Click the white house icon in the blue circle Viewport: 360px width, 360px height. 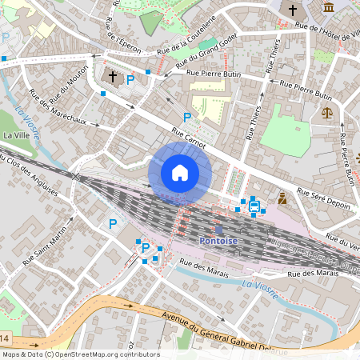[x=180, y=173]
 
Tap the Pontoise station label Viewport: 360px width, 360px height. [x=218, y=241]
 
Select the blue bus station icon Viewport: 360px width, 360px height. [x=254, y=206]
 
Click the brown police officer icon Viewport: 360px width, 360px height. [x=282, y=196]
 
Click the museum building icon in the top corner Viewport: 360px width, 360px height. [x=329, y=8]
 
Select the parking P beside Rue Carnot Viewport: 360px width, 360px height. [x=187, y=118]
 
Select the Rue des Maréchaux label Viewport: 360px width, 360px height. [x=63, y=110]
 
